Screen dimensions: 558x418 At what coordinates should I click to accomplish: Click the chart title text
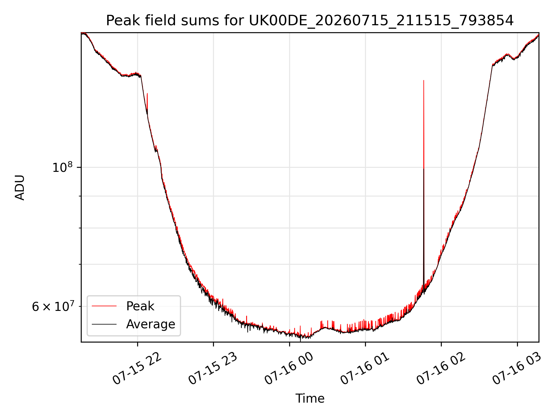[x=310, y=21]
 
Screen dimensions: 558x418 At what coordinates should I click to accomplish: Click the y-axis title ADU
[x=20, y=187]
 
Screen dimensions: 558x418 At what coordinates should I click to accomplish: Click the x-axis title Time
[x=310, y=398]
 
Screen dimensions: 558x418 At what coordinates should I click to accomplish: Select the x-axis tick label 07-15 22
[x=137, y=368]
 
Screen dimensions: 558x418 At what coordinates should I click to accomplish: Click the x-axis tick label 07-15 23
[x=213, y=368]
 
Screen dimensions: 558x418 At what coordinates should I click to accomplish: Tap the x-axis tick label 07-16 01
[x=365, y=368]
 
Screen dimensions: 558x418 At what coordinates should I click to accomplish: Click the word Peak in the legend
[x=140, y=306]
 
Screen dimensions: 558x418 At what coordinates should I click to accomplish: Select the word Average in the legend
[x=151, y=324]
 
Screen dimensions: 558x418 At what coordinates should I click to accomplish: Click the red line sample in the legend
[x=104, y=306]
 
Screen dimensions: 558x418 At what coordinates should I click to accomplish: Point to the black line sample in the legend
[x=104, y=324]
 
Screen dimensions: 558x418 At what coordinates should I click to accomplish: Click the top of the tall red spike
[x=424, y=80]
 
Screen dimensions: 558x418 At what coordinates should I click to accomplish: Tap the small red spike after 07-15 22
[x=147, y=94]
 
